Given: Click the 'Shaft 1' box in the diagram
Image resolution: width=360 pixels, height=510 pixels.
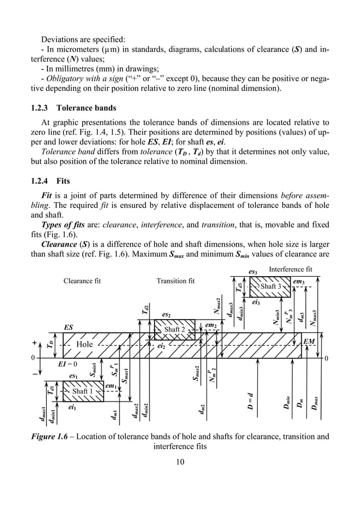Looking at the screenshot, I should [x=82, y=391].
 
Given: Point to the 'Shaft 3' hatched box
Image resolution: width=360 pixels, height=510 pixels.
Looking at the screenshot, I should [x=271, y=286].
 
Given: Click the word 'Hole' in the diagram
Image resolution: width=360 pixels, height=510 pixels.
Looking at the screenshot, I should [x=85, y=345].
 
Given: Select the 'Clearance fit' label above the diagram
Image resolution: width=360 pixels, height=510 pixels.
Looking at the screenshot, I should [x=82, y=281].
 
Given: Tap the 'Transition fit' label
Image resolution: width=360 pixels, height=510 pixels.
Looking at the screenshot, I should [x=175, y=281].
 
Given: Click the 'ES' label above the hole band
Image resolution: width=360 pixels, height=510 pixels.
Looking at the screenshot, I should [x=69, y=327].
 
